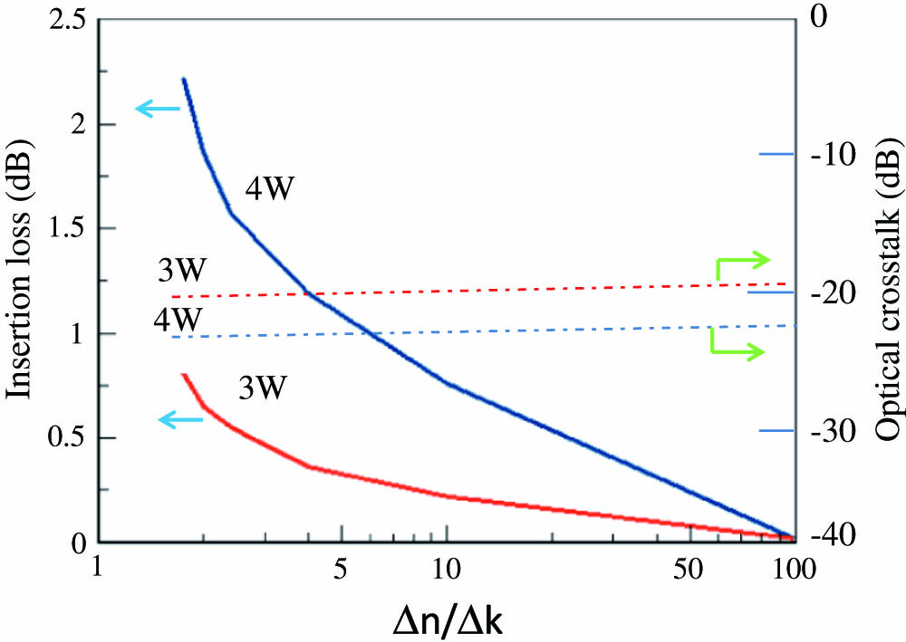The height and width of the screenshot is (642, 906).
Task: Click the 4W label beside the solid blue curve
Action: point(271,191)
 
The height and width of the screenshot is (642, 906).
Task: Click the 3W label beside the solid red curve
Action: point(264,389)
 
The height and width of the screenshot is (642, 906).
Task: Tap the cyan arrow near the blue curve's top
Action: point(158,109)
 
